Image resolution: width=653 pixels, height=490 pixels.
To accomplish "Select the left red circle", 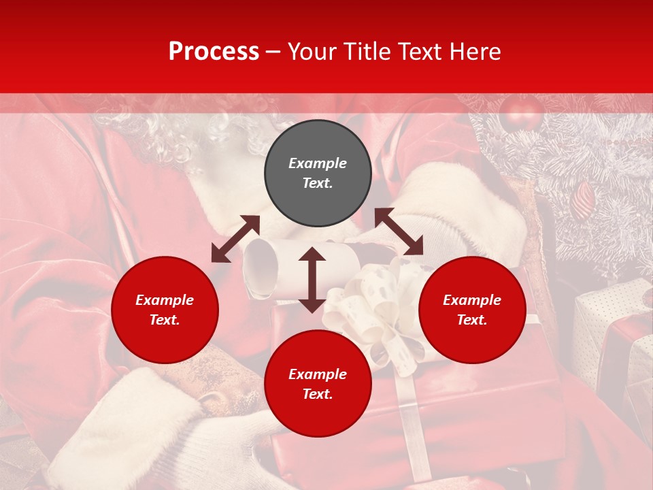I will tap(165, 310).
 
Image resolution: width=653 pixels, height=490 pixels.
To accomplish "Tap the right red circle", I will tap(472, 310).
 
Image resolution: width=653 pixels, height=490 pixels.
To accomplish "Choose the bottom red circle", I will tap(318, 384).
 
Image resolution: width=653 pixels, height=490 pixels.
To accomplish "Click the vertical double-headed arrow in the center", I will tap(312, 280).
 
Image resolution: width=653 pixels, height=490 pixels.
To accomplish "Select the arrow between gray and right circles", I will tap(399, 232).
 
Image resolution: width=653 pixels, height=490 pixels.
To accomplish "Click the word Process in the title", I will tap(214, 52).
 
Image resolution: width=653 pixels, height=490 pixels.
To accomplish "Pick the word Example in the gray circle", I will tap(318, 163).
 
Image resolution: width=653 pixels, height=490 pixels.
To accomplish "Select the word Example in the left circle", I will tap(165, 300).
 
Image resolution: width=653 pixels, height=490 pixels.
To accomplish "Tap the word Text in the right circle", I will tap(472, 320).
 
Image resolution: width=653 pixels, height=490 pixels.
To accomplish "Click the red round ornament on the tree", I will tap(521, 113).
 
